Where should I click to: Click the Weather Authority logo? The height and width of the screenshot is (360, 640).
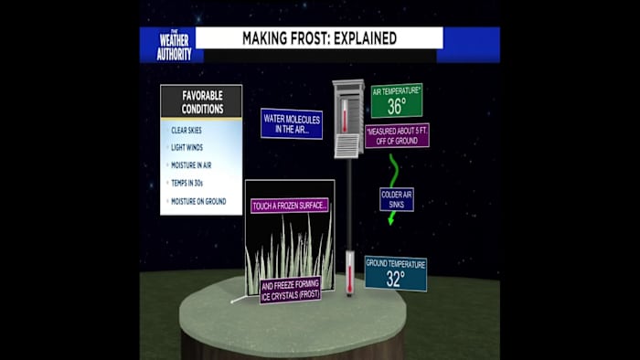point(173,45)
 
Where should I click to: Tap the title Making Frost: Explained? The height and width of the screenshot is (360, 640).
point(319,38)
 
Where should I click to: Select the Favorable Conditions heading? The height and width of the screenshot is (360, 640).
point(201,101)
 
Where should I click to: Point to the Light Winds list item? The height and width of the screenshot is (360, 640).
point(187,148)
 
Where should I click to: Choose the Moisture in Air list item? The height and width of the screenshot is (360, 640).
point(192,165)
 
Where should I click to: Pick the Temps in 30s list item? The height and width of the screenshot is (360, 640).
point(187,184)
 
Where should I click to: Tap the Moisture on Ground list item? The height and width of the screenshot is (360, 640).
point(197,201)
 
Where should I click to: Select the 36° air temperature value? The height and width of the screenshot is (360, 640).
point(396,106)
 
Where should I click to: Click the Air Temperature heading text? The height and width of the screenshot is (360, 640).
point(396,90)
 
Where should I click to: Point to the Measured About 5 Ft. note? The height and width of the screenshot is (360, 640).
point(396,135)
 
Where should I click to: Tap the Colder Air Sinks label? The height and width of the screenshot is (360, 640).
point(396,199)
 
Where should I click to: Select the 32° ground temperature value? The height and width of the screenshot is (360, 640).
point(395,280)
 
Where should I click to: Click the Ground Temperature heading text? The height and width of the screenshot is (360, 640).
point(395,264)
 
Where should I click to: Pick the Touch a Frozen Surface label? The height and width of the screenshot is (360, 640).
point(290,206)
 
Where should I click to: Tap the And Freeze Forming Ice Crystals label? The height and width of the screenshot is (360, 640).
point(290,290)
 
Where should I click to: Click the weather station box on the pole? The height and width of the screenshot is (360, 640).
point(347,119)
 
